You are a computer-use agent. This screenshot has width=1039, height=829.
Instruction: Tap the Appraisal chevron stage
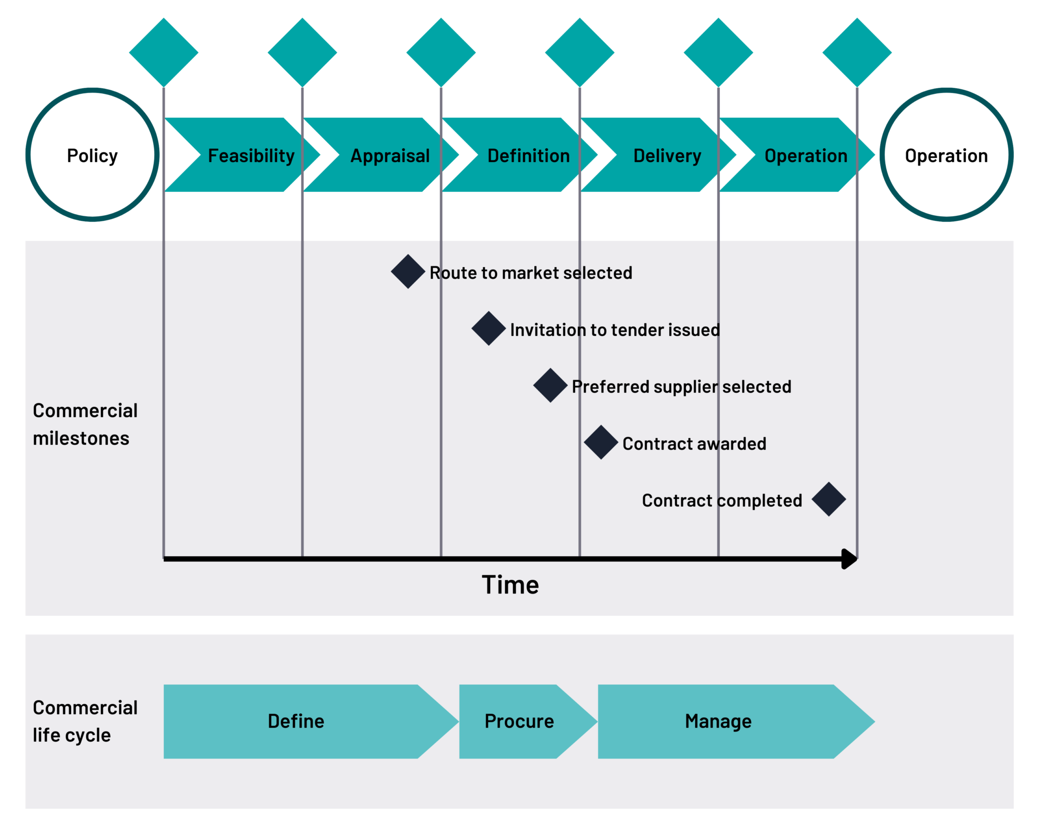click(x=381, y=155)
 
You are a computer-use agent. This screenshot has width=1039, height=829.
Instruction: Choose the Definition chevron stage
click(x=519, y=155)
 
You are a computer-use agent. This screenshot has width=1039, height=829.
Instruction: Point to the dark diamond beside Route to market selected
click(x=408, y=272)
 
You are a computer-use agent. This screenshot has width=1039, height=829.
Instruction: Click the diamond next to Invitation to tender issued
click(x=489, y=328)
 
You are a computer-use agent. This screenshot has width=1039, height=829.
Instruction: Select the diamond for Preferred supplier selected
click(x=550, y=385)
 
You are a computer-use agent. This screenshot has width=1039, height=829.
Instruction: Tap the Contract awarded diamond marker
click(x=601, y=442)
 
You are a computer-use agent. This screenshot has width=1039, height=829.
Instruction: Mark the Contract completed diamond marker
click(x=829, y=499)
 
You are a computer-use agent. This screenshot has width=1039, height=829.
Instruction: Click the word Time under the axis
click(x=510, y=585)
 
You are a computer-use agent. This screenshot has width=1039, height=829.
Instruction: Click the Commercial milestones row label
click(x=85, y=424)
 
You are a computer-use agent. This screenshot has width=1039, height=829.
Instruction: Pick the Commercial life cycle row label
click(x=85, y=721)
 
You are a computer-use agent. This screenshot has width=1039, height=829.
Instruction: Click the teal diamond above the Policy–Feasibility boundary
click(x=164, y=52)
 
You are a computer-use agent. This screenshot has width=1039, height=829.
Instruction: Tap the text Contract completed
click(x=722, y=501)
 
